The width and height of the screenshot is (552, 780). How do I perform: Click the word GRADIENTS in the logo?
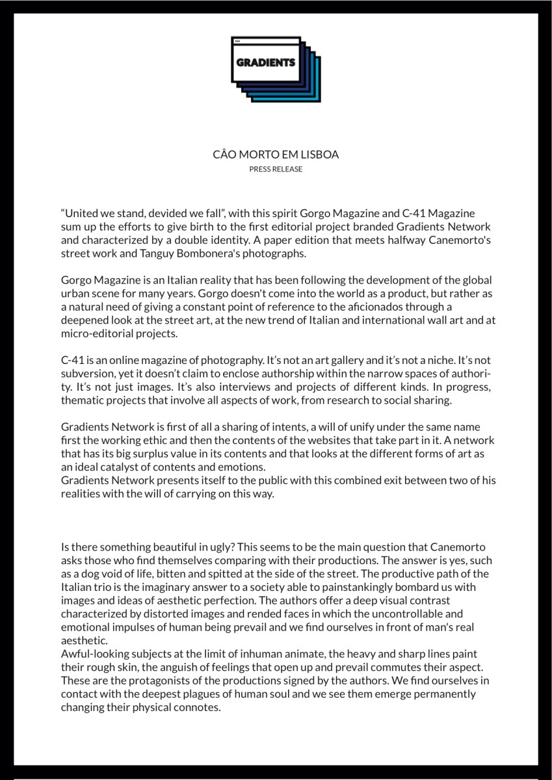coord(266,63)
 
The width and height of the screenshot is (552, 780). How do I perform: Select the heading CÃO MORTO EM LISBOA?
coord(276,155)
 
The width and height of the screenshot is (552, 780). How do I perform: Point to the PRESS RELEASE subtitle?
coord(276,169)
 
